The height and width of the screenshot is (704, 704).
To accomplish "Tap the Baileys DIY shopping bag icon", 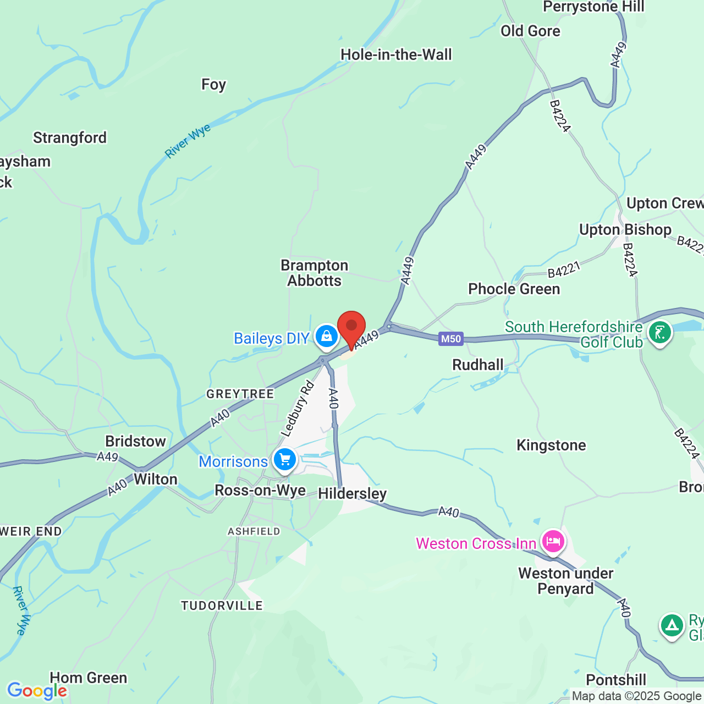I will (327, 335).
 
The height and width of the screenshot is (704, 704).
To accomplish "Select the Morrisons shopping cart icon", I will (284, 459).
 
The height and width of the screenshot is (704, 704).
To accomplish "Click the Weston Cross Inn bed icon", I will (553, 542).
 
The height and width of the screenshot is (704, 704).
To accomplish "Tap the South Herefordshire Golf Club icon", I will (659, 332).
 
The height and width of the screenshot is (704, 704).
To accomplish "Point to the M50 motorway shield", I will (451, 339).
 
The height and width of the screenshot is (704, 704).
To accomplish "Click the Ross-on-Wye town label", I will (260, 491).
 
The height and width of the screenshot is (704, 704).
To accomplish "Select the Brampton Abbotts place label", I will (315, 273).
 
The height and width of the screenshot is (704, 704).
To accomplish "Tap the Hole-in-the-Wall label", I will (396, 55).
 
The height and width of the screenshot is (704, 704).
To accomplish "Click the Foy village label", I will (213, 85).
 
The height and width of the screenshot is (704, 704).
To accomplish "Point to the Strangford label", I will (70, 138).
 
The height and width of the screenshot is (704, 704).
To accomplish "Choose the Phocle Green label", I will (514, 289).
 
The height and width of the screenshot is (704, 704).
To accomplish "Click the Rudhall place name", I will (477, 365).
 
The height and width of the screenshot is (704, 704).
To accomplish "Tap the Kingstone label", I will (551, 446).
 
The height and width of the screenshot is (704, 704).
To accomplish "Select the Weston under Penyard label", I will (565, 581).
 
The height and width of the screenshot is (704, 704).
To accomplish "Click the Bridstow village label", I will (135, 442).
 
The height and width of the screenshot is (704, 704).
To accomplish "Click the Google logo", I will (37, 691).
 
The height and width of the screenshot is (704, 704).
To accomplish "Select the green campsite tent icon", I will (672, 625).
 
